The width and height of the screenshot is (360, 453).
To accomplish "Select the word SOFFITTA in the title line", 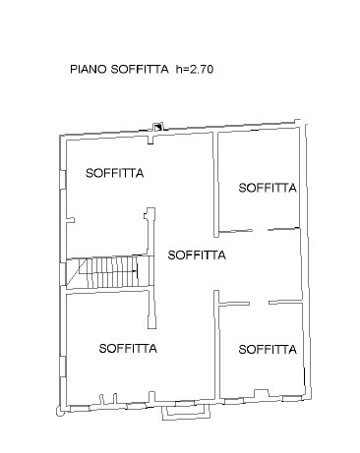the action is pos(140,69).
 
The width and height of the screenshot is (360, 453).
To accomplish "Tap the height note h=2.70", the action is pos(195,69).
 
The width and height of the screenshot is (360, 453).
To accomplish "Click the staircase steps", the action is pos(110,271).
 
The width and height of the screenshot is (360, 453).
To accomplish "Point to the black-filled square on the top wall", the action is pos(158,127).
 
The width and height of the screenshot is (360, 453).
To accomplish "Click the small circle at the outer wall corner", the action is pos(60,412).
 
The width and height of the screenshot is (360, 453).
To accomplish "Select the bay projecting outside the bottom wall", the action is pos(186,412).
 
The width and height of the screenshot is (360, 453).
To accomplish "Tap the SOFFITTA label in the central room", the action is pos(197,255).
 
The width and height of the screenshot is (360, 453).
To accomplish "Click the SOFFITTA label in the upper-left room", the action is pos(115,173).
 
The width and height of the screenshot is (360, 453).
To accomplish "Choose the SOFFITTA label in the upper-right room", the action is pos(268,188).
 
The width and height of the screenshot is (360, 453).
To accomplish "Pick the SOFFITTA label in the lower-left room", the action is pos(128,348).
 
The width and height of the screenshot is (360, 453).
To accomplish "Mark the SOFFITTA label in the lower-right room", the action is pos(268,350).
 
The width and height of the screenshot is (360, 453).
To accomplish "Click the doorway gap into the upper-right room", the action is pos(260,230).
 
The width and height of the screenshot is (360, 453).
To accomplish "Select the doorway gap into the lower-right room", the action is pos(259,303).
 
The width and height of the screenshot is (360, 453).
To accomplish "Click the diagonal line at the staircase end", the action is pos(77,271).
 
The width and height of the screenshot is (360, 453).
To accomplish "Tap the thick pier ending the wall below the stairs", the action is pos(151,322).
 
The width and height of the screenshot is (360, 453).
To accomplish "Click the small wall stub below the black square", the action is pos(150,138).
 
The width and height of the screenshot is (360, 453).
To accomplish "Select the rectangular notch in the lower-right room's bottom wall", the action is pos(262,393).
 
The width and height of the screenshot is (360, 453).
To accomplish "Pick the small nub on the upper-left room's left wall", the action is pos(71,220).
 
